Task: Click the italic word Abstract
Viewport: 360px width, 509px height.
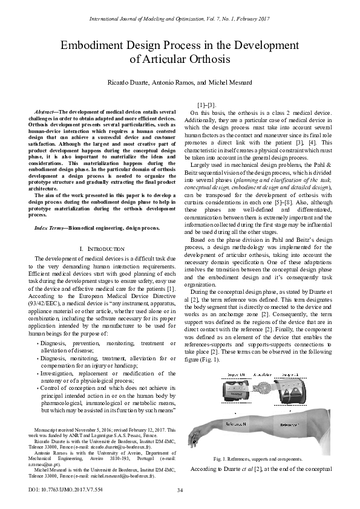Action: pyautogui.click(x=48, y=112)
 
